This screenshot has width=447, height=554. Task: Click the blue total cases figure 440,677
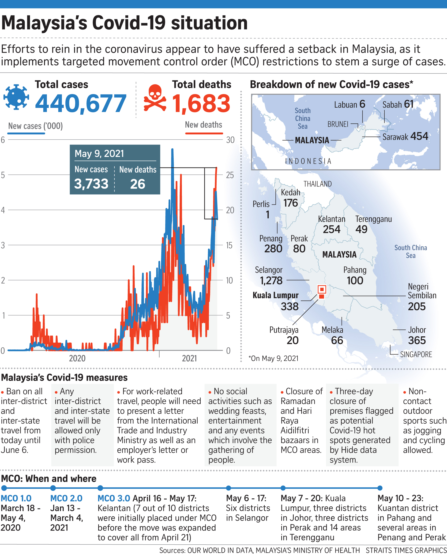[81, 104]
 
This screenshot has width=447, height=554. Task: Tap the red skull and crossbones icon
[155, 99]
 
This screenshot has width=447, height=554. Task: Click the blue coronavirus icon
[16, 97]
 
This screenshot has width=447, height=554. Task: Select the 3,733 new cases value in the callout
[91, 184]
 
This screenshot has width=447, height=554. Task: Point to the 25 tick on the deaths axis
[230, 175]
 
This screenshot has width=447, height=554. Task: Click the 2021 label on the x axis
[189, 358]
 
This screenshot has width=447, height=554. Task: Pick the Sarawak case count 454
[419, 136]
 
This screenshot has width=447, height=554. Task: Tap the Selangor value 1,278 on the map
[271, 281]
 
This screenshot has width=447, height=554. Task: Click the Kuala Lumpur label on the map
[275, 295]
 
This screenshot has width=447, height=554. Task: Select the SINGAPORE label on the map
[416, 355]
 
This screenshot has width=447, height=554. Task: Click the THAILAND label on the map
[317, 184]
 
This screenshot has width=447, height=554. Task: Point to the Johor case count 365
[417, 340]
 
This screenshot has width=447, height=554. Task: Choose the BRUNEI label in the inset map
[338, 125]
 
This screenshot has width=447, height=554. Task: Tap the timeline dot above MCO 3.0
[100, 488]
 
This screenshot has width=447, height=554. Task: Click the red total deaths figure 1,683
[201, 104]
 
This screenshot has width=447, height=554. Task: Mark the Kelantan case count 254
[331, 229]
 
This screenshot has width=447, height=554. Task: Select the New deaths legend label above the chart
[203, 125]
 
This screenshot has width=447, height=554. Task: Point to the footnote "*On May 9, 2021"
[273, 358]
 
